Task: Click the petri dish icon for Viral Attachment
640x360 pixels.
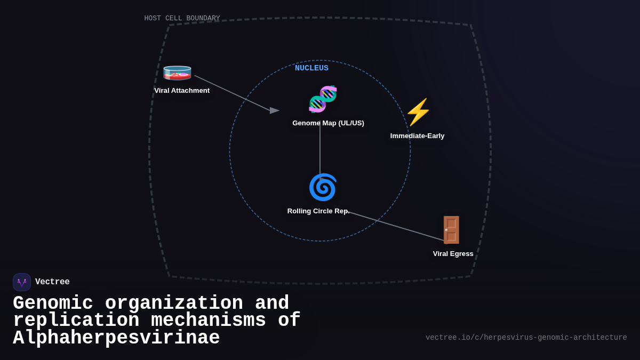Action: pyautogui.click(x=177, y=73)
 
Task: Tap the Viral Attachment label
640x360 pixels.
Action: pyautogui.click(x=182, y=91)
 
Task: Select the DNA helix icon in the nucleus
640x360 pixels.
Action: pyautogui.click(x=323, y=99)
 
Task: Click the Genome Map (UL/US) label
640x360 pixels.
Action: pyautogui.click(x=328, y=123)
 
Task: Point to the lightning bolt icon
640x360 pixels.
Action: pyautogui.click(x=418, y=112)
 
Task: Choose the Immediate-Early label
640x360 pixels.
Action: pyautogui.click(x=417, y=136)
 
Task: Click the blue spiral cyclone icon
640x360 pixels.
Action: pyautogui.click(x=323, y=187)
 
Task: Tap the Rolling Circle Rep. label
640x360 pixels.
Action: pyautogui.click(x=318, y=211)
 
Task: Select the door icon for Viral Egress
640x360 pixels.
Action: pyautogui.click(x=451, y=230)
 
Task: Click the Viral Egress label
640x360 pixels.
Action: pyautogui.click(x=453, y=254)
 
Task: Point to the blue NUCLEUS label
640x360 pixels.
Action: pyautogui.click(x=311, y=68)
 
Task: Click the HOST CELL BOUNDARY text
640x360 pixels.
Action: pyautogui.click(x=182, y=19)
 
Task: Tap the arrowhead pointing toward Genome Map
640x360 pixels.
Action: pyautogui.click(x=274, y=110)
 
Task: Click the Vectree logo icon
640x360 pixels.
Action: pyautogui.click(x=22, y=282)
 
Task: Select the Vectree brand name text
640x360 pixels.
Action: pyautogui.click(x=52, y=282)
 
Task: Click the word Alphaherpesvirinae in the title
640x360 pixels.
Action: pyautogui.click(x=116, y=338)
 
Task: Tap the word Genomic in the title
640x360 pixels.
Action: pyautogui.click(x=53, y=303)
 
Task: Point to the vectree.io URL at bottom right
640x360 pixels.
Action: pyautogui.click(x=526, y=338)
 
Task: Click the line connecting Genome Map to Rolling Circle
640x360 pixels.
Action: pyautogui.click(x=320, y=149)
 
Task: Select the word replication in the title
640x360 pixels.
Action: pyautogui.click(x=76, y=321)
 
